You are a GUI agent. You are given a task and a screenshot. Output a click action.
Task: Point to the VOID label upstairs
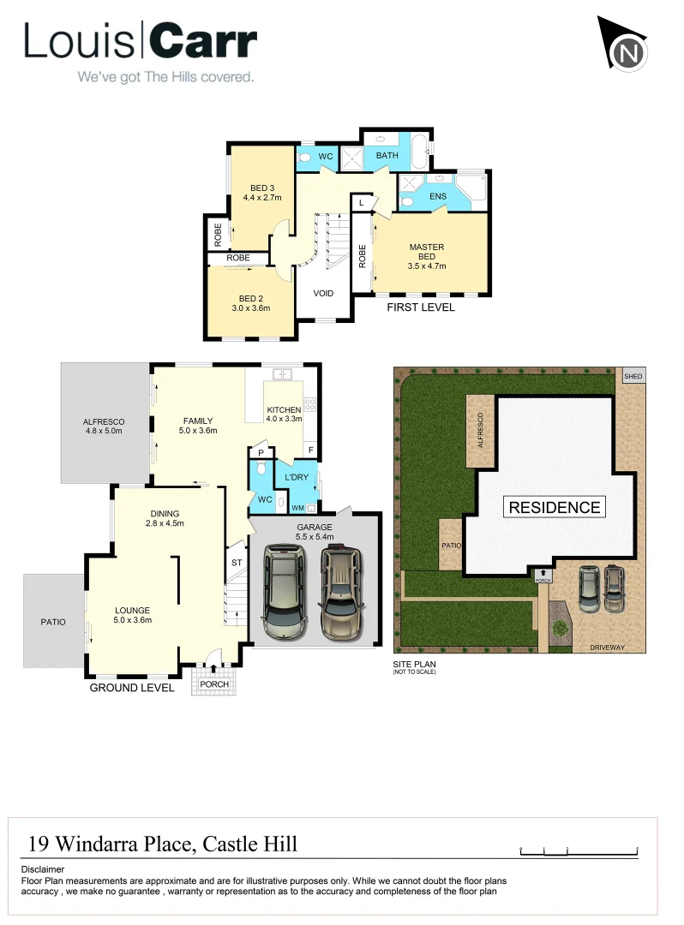coord(323,293)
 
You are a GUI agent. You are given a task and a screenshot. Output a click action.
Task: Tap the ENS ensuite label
coord(437,196)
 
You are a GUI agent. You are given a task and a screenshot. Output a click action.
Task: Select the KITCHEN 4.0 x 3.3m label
coord(284,414)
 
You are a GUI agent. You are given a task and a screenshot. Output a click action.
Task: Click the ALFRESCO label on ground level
coord(104,426)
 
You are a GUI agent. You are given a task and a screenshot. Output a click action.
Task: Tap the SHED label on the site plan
coord(633,377)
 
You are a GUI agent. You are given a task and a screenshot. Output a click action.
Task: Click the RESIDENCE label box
coord(555,507)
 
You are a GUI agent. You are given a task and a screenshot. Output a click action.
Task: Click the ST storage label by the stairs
coord(236,563)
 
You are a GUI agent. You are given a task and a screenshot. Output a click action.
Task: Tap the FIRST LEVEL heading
coord(421,307)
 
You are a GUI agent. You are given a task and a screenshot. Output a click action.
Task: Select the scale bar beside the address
coord(579,850)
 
